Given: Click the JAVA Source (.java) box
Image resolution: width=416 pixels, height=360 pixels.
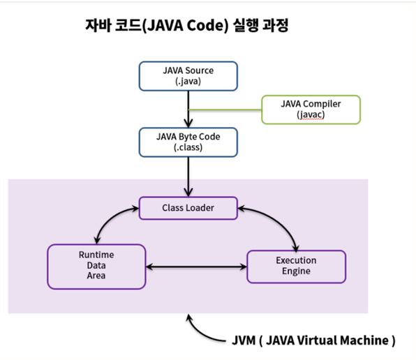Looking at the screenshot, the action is tap(188, 76).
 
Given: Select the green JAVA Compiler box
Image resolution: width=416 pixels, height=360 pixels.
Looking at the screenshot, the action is tap(311, 110).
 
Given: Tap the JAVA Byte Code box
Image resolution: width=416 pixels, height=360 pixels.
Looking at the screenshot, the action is tap(188, 142).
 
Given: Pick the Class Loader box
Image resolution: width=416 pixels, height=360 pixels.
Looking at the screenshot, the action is tap(188, 208).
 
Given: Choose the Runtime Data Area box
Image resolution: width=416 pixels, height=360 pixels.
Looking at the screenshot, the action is tap(96, 267).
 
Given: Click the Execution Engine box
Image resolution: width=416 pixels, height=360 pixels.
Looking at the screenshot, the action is tap(297, 267).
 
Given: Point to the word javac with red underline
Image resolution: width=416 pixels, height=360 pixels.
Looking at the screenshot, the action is tap(311, 115).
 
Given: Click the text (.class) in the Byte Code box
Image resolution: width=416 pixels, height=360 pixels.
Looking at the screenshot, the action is tap(188, 147).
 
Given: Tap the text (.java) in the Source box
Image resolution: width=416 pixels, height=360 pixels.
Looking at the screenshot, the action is tap(188, 81).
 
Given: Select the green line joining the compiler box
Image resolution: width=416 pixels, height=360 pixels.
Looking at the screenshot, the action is tap(225, 110).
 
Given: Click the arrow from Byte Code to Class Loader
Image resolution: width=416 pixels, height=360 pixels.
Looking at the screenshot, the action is tap(188, 177).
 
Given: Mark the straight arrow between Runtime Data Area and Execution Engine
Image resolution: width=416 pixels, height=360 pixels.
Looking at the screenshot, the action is tap(196, 267).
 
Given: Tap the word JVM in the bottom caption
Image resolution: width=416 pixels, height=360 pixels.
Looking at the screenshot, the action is tap(244, 340).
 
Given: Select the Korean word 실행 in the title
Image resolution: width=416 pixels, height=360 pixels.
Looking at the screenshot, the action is tap(246, 25).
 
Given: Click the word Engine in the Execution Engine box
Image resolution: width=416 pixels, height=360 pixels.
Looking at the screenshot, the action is tap(296, 271).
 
